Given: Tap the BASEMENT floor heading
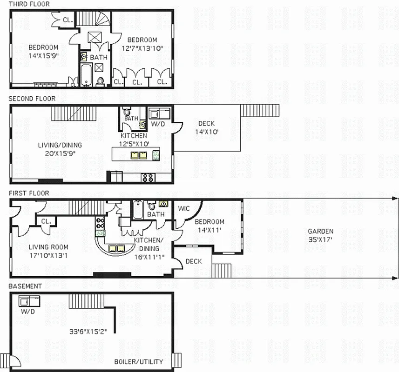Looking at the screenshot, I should [x=25, y=286].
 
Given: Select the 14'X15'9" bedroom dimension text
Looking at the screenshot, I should [x=43, y=55].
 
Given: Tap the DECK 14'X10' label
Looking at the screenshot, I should [x=206, y=127].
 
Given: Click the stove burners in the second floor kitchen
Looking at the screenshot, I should [x=148, y=177].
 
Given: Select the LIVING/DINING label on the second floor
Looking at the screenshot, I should [x=57, y=145].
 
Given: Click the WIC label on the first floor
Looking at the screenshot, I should [x=184, y=208].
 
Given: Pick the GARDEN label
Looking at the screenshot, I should [x=320, y=231].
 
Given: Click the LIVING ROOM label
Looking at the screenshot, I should [x=48, y=247].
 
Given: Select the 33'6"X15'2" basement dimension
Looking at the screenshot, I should [x=88, y=332].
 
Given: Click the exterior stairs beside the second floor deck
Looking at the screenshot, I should [x=260, y=111].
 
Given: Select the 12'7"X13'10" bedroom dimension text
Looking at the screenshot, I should [x=142, y=48].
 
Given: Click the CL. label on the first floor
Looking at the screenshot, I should [x=47, y=221].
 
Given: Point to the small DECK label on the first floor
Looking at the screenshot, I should [x=194, y=261].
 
